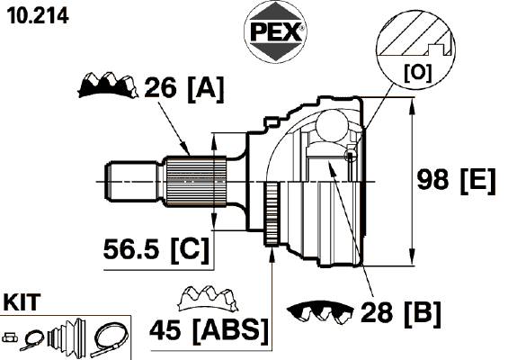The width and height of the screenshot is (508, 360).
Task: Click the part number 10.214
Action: pyautogui.click(x=38, y=15)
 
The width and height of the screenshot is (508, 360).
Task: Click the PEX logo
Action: pyautogui.click(x=275, y=31)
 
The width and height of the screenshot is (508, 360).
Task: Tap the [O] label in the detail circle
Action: pyautogui.click(x=418, y=73)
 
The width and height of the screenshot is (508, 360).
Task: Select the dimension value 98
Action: pyautogui.click(x=432, y=179)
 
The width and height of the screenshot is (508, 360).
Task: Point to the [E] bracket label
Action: pyautogui.click(x=477, y=180)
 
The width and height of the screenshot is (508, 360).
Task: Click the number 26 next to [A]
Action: pyautogui.click(x=160, y=87)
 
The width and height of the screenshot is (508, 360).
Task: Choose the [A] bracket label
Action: pyautogui.click(x=206, y=88)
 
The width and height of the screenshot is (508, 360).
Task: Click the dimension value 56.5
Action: pyautogui.click(x=131, y=249)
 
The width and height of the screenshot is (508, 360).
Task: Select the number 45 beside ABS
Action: pyautogui.click(x=165, y=329)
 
